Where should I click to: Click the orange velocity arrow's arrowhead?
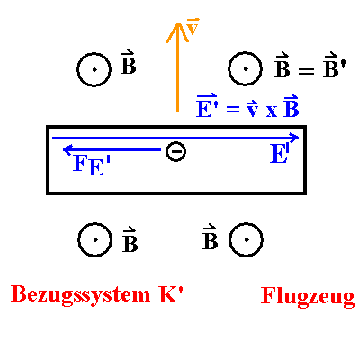click(177, 31)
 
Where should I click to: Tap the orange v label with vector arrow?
click(193, 26)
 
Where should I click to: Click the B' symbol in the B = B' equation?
click(335, 65)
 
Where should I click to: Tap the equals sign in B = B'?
click(306, 71)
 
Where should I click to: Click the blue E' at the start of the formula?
click(207, 105)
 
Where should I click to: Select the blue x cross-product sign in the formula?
click(272, 111)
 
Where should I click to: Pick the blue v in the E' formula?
click(252, 108)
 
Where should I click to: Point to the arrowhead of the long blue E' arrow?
click(295, 138)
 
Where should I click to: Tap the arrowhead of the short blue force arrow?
click(67, 149)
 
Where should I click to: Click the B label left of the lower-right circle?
click(210, 237)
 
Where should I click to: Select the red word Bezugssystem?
click(80, 295)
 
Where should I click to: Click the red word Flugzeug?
click(308, 297)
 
